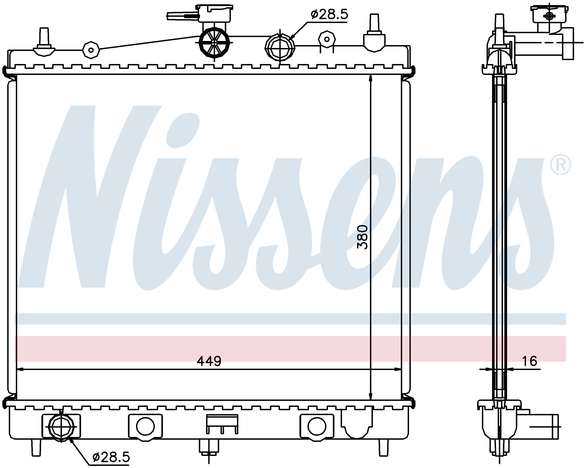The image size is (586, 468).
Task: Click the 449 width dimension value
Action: coord(209,361)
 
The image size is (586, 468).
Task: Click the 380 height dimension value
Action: coord(363,237)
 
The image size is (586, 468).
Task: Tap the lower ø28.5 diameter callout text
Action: coord(111,457)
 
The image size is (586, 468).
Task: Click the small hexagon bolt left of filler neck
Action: coord(91,50)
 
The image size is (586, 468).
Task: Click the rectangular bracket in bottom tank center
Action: coord(222,424)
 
